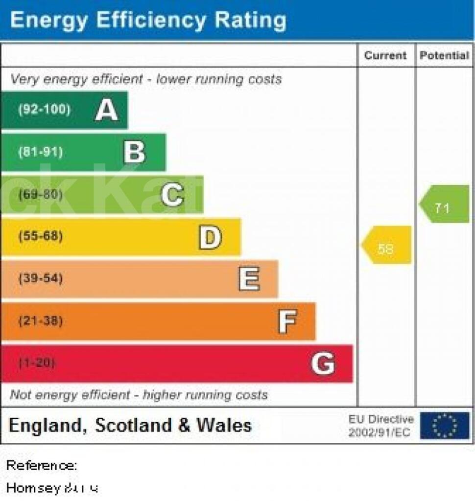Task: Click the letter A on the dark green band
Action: [x=107, y=110]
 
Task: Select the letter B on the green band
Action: [x=135, y=152]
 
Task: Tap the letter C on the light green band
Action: [x=172, y=195]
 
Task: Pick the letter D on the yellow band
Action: [x=210, y=237]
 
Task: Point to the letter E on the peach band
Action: [x=249, y=279]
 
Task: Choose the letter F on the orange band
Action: [x=287, y=322]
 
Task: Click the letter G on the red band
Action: [x=323, y=364]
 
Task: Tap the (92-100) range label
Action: [x=44, y=110]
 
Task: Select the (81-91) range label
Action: [x=41, y=152]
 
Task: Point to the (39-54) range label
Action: [x=41, y=279]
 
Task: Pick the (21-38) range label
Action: [x=41, y=321]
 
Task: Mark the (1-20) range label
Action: [x=37, y=364]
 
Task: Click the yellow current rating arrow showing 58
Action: [x=386, y=245]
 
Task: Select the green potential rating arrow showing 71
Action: [x=444, y=204]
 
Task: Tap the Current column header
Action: [x=385, y=55]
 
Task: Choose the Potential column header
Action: [x=444, y=55]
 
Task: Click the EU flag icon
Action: [x=445, y=425]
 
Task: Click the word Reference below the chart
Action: [x=41, y=465]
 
